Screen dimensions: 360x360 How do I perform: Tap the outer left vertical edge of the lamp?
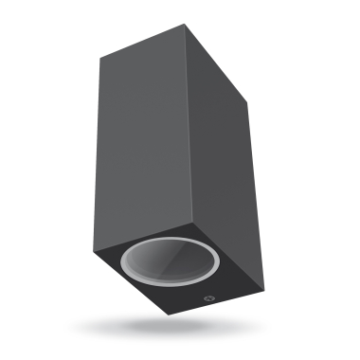[97, 152]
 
